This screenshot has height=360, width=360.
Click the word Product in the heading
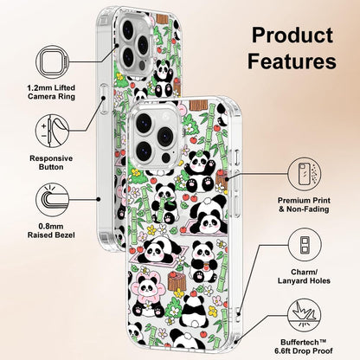[292, 35]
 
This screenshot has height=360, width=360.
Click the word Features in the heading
[292, 61]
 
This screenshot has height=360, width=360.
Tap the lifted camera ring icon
[53, 61]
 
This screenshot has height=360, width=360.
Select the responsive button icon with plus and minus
[53, 131]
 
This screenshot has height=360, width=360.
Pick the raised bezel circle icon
[53, 200]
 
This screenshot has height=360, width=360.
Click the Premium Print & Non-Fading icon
[305, 174]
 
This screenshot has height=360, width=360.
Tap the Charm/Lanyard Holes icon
[305, 245]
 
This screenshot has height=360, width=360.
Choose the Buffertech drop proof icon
[305, 316]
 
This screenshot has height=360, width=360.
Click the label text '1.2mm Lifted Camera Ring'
[51, 92]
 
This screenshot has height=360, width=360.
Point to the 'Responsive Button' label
[51, 163]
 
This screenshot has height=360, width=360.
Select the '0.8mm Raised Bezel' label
[51, 231]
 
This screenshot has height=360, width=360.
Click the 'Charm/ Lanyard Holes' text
[304, 276]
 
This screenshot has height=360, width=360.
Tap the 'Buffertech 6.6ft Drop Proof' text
[304, 347]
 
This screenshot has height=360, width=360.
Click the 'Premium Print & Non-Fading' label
[304, 204]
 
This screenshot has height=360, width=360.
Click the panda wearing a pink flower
[147, 293]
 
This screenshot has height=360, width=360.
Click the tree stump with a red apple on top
[177, 280]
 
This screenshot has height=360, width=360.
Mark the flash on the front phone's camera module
[165, 157]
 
